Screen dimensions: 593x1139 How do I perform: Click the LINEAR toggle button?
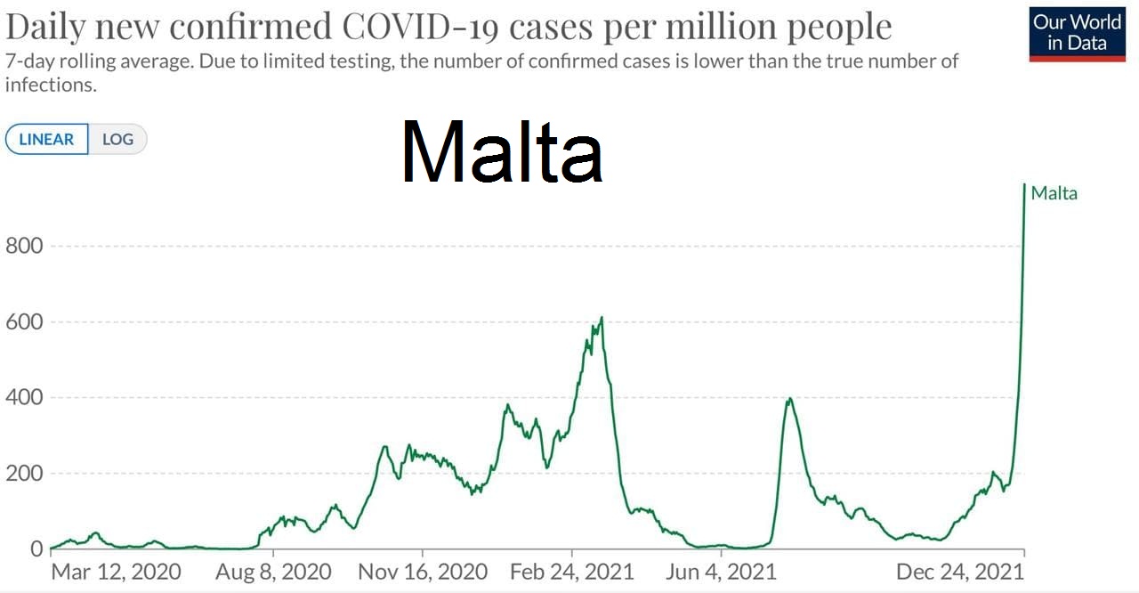click(46, 140)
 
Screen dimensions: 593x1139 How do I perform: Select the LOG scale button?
click(117, 140)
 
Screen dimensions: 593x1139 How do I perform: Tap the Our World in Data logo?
click(1077, 35)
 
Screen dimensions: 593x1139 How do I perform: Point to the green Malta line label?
click(1054, 193)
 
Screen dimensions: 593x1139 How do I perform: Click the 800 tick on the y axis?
click(23, 246)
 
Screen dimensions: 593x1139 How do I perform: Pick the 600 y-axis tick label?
click(23, 321)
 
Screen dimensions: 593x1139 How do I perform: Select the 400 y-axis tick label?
click(23, 397)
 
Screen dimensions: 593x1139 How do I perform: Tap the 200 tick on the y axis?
click(23, 473)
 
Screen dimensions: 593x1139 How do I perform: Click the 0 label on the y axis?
click(35, 548)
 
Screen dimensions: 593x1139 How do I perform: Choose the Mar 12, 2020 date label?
click(116, 571)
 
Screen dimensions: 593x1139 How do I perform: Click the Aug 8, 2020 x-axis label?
click(273, 571)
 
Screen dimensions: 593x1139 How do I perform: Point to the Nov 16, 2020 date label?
click(423, 571)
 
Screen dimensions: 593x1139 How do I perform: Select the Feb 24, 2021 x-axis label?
click(572, 571)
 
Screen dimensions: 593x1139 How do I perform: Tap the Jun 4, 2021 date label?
click(721, 571)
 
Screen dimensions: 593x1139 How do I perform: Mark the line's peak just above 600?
click(602, 318)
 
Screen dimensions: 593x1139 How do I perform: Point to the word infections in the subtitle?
click(50, 85)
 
